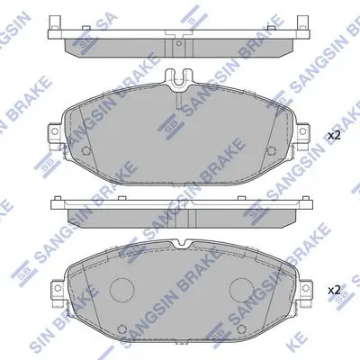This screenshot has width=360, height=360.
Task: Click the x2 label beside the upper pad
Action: [x=334, y=136]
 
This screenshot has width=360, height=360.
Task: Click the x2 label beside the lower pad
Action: [x=334, y=290]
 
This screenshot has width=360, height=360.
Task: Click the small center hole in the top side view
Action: [x=179, y=43]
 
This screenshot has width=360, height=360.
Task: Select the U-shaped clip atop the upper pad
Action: [x=179, y=79]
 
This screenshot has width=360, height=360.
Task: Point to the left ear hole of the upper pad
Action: [x=55, y=131]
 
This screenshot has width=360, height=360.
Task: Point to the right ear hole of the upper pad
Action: [x=303, y=131]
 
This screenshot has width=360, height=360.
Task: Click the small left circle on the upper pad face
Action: [x=86, y=150]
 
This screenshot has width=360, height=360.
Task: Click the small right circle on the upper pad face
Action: [x=271, y=150]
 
